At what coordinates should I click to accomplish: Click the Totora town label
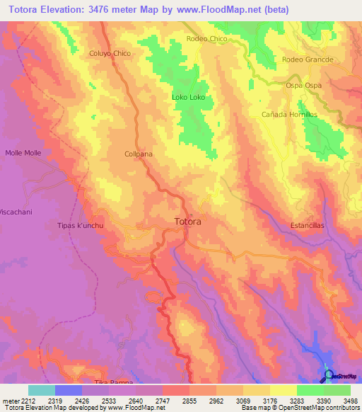[187, 222]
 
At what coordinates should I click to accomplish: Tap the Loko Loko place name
[188, 97]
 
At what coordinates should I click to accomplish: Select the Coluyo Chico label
[110, 53]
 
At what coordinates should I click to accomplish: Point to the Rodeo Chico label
[206, 39]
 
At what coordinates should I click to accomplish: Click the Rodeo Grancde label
[307, 59]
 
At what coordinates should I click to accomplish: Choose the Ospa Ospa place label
[305, 85]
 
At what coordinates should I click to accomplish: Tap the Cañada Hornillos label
[289, 115]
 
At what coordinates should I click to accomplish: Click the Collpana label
[139, 154]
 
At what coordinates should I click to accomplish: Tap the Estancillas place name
[307, 226]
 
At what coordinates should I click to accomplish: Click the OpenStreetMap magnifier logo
[327, 375]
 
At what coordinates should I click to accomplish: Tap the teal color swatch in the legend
[41, 390]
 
